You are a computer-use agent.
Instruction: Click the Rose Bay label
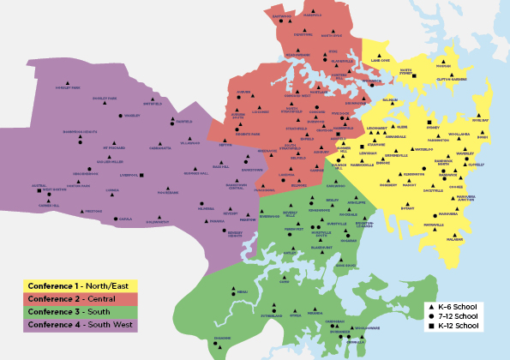click(x=481, y=122)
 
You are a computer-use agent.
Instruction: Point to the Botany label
click(x=406, y=207)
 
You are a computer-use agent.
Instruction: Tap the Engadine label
click(x=222, y=338)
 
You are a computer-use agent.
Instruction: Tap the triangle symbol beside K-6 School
click(x=429, y=306)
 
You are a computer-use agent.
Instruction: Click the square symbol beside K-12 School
click(x=429, y=327)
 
